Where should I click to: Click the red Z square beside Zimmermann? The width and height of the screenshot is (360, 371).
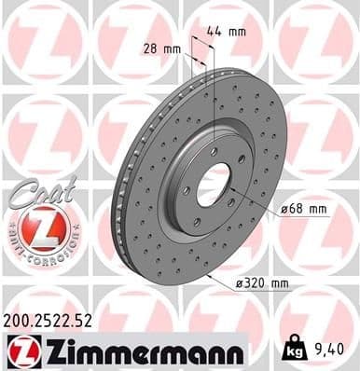(x=19, y=352)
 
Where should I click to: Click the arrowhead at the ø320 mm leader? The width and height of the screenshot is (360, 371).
(x=210, y=277)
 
